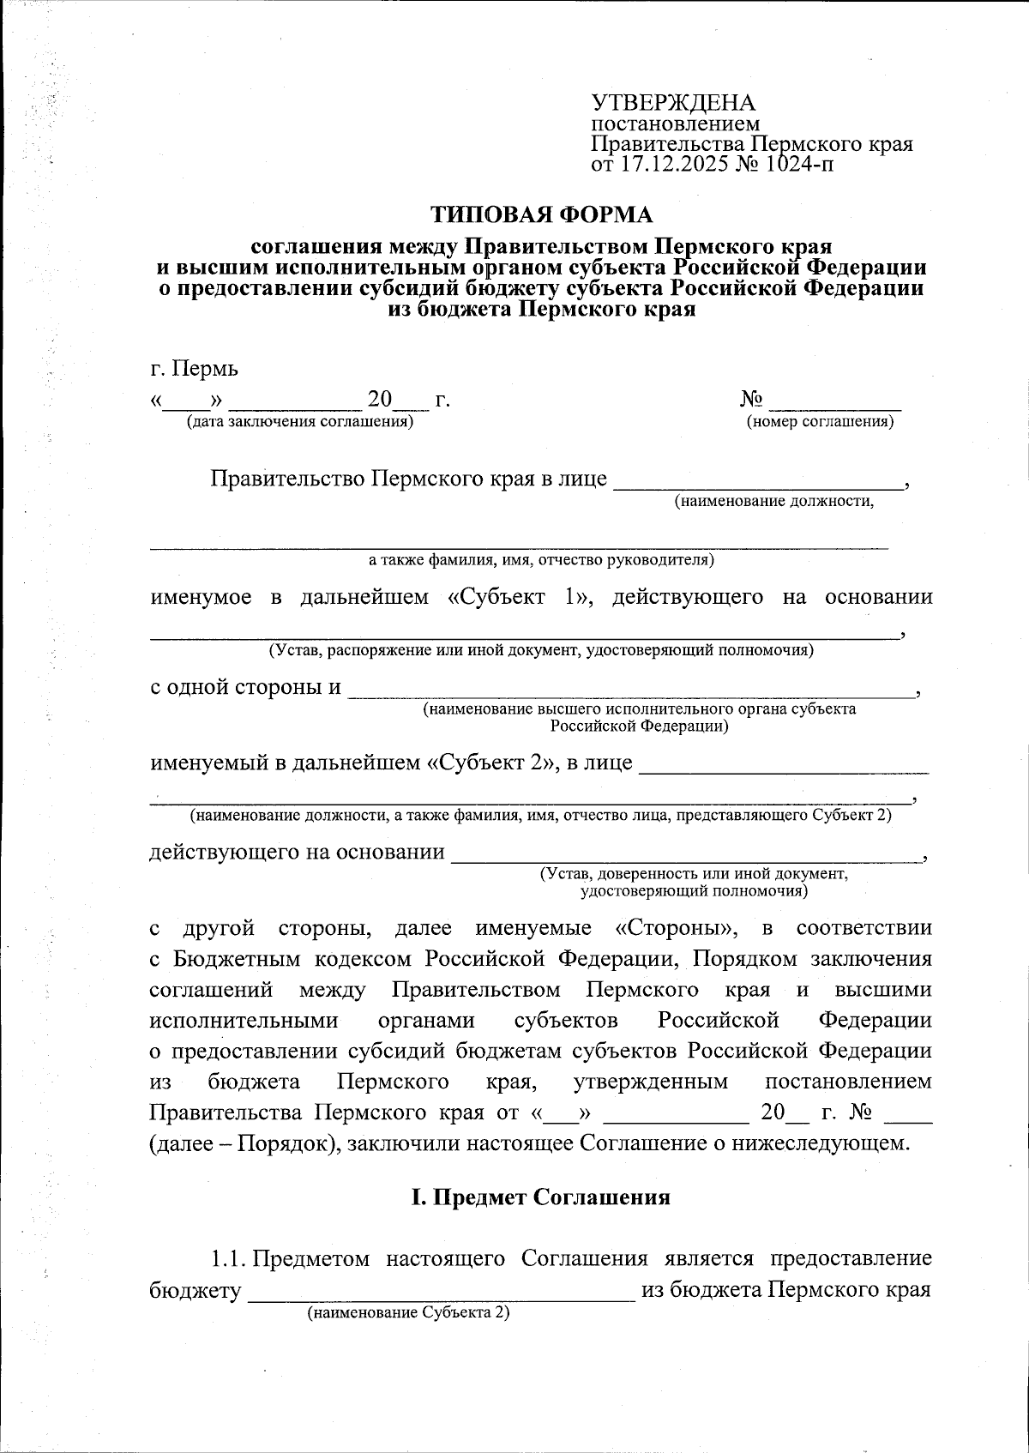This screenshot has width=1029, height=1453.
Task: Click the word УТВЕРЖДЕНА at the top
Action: [x=673, y=104]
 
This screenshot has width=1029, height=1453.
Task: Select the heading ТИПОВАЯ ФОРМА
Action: [x=540, y=214]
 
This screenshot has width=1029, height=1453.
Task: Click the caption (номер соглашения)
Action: [x=820, y=422]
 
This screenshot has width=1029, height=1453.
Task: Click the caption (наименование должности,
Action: [x=773, y=502]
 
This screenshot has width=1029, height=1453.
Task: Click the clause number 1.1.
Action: [x=229, y=1259]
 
